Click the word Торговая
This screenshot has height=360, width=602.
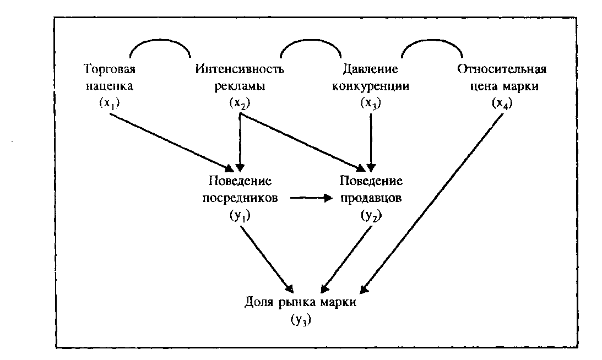tap(109, 69)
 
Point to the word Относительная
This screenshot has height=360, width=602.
tap(501, 69)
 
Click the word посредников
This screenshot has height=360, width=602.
tap(240, 198)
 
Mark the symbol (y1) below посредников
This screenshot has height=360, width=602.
tap(240, 216)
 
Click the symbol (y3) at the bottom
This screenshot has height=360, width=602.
tap(301, 321)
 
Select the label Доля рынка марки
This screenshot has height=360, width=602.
tap(301, 303)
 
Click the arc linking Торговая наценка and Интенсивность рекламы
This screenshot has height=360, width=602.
tap(160, 44)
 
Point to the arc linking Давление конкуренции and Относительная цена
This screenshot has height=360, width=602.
tap(432, 44)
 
